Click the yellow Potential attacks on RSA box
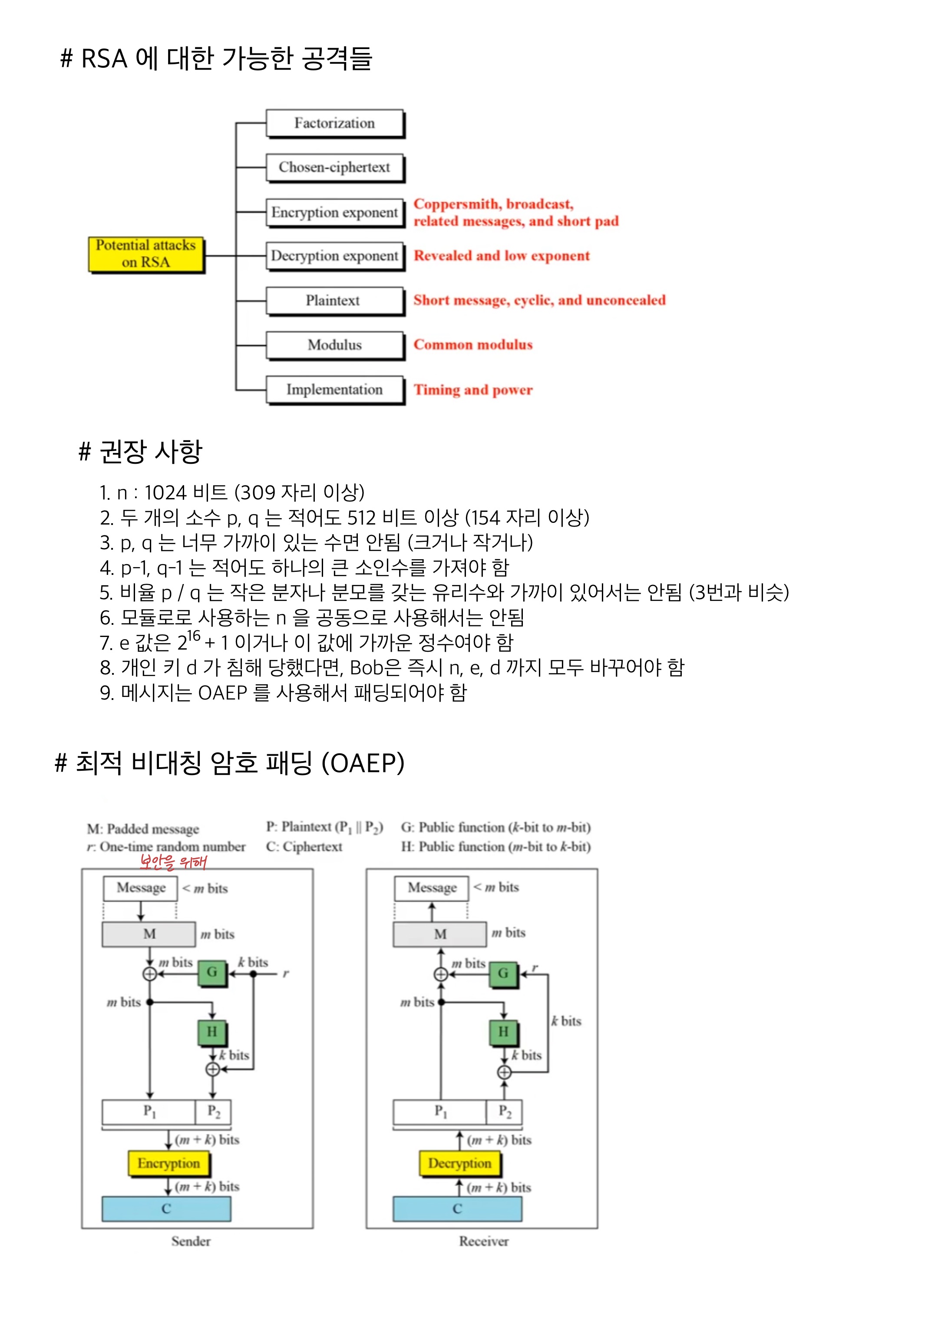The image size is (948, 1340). click(146, 254)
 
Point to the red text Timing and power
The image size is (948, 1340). click(473, 390)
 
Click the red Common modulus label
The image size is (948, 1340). click(473, 345)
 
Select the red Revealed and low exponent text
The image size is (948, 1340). click(502, 256)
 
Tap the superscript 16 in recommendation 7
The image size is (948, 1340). click(193, 636)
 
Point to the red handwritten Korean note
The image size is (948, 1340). click(173, 861)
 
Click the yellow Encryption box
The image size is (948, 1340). click(168, 1163)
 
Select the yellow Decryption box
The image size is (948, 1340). click(459, 1163)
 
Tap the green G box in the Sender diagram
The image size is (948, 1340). click(212, 972)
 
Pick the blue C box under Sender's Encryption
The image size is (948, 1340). click(166, 1209)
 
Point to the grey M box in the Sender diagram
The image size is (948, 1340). click(149, 934)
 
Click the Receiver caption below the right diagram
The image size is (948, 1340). click(483, 1241)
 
